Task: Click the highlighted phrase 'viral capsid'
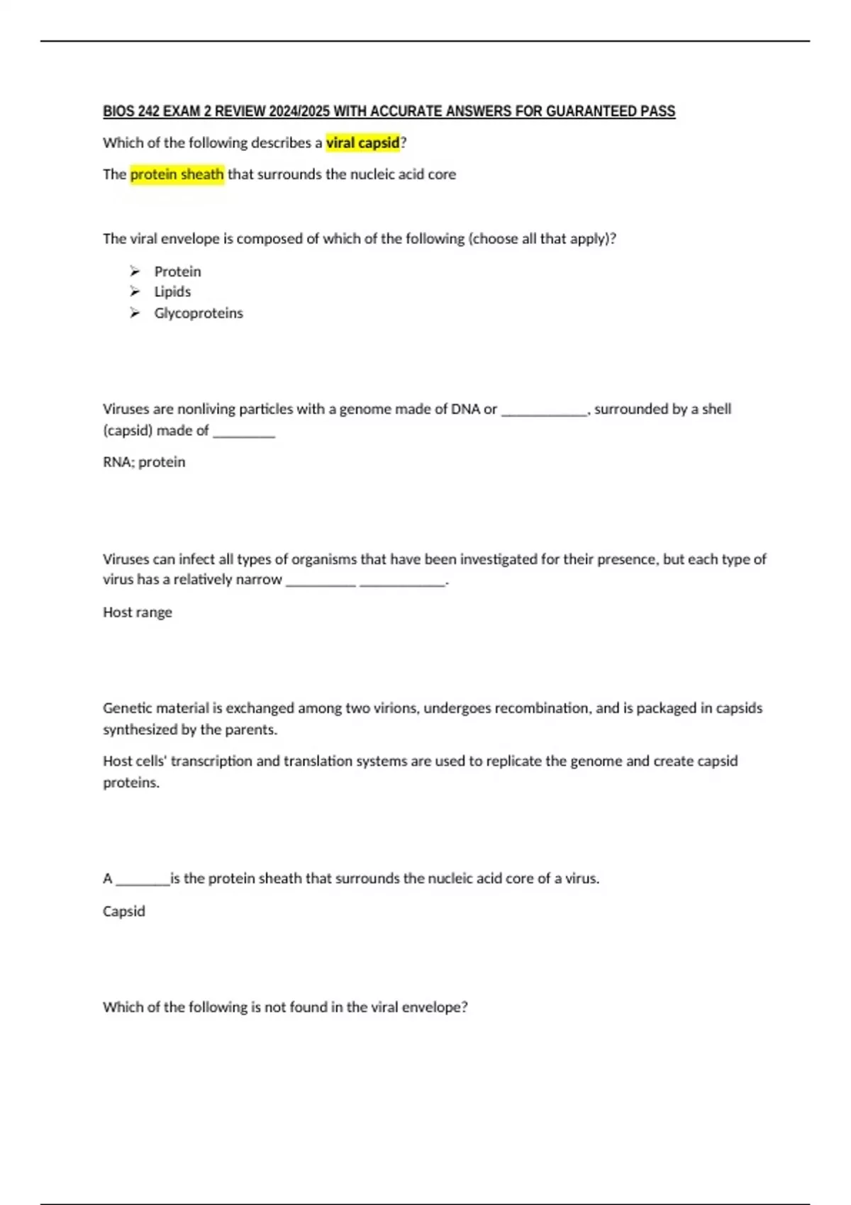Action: click(362, 142)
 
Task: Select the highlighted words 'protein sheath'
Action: click(177, 174)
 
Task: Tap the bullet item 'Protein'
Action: click(177, 271)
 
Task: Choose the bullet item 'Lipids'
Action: click(172, 292)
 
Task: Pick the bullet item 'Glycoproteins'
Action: click(199, 313)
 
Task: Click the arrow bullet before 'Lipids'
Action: click(135, 291)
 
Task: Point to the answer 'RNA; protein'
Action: click(144, 462)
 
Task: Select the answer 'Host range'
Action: click(138, 612)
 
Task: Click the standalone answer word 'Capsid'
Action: click(124, 912)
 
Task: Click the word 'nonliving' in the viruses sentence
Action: click(206, 409)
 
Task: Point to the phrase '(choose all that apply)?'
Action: click(543, 239)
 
